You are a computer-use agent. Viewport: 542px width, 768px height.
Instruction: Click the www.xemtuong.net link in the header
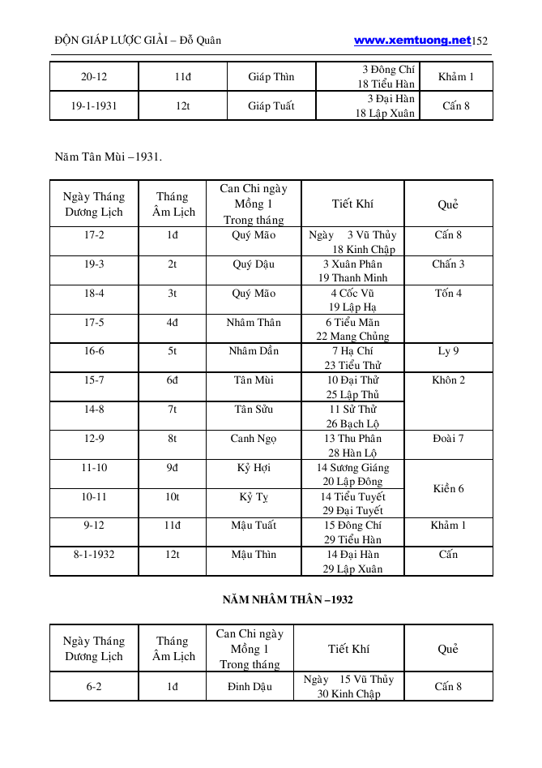(x=412, y=40)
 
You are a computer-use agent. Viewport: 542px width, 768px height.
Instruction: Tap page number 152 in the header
(x=480, y=41)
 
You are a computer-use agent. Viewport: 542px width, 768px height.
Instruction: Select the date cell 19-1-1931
(x=94, y=105)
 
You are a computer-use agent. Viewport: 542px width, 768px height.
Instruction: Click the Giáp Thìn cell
(x=271, y=77)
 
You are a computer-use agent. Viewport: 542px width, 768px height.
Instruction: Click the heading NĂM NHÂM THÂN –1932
(x=287, y=600)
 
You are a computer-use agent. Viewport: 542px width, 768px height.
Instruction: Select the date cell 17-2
(x=94, y=235)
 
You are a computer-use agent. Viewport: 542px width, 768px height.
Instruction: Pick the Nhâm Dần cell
(x=254, y=351)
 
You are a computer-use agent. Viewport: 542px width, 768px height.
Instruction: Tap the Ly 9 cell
(x=448, y=351)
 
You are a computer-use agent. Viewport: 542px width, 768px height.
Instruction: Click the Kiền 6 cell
(x=448, y=489)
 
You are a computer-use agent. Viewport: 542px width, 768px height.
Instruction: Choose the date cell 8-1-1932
(x=94, y=555)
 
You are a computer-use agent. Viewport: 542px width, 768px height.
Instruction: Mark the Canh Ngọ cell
(x=254, y=439)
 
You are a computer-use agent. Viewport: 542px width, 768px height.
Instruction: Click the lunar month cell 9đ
(x=173, y=468)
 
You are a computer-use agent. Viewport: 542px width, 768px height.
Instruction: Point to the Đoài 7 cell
(x=448, y=439)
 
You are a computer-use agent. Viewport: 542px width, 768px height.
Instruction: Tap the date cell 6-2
(x=94, y=686)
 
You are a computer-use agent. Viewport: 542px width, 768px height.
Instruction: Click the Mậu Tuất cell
(x=254, y=526)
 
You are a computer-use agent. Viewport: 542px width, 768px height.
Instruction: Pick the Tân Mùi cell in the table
(x=254, y=380)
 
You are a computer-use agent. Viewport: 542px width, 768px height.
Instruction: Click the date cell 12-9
(x=94, y=439)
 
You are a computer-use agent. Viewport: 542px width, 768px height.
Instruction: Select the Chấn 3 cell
(x=448, y=264)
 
